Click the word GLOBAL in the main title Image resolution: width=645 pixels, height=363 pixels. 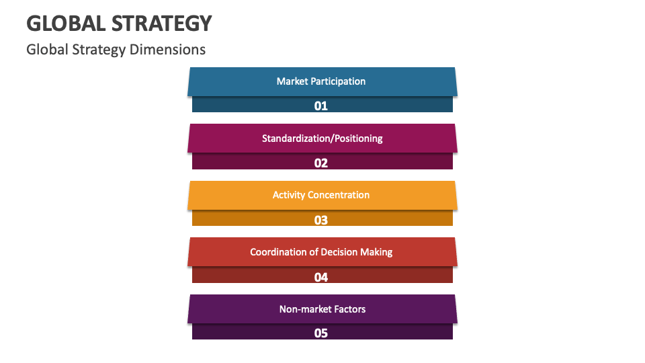(x=65, y=24)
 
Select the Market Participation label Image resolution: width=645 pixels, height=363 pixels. (x=321, y=81)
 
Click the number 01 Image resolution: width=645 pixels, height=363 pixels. (x=321, y=106)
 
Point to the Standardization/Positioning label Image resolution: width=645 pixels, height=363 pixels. (x=322, y=138)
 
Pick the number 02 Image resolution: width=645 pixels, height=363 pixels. (x=321, y=163)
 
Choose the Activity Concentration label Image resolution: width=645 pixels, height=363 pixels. (x=321, y=195)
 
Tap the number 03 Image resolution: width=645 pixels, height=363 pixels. (x=321, y=220)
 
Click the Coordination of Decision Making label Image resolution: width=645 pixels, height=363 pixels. (x=321, y=252)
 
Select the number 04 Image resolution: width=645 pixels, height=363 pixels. (x=321, y=277)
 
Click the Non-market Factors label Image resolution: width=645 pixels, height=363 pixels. (x=322, y=309)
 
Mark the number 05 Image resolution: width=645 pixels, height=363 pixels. (x=321, y=333)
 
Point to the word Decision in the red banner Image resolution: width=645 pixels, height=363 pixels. (x=339, y=252)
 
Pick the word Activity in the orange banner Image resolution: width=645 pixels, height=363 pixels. (x=288, y=195)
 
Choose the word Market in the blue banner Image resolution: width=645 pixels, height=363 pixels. (x=292, y=81)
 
